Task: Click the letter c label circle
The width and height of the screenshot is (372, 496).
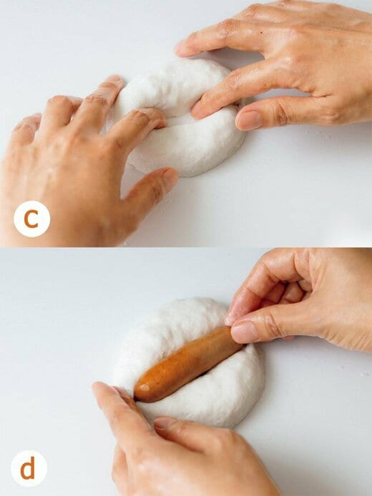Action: click(x=31, y=219)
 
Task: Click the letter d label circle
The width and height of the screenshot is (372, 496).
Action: click(x=29, y=468)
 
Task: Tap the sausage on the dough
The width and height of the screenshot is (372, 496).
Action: click(x=188, y=364)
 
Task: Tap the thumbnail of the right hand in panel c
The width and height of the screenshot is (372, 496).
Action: click(x=249, y=120)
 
